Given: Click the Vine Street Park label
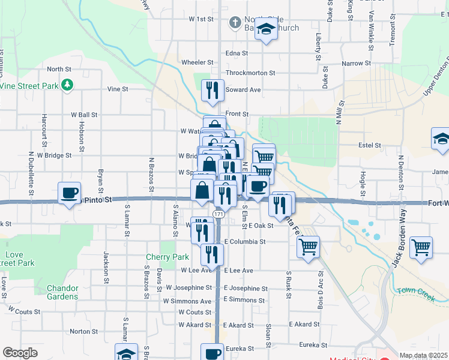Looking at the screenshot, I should (x=30, y=86).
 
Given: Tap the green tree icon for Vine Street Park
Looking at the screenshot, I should (x=68, y=85).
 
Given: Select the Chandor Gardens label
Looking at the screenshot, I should (x=62, y=292).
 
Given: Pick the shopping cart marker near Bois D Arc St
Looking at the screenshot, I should (x=308, y=246).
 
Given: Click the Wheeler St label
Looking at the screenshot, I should (x=197, y=62).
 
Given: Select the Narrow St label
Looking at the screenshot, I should (x=355, y=63).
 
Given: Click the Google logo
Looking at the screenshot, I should (x=20, y=353).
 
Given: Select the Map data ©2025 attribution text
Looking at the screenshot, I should (x=423, y=355).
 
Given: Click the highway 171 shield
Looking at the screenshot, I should (x=218, y=214).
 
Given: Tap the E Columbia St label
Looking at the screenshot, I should (x=244, y=242).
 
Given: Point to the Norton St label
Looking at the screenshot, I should (x=84, y=331).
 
